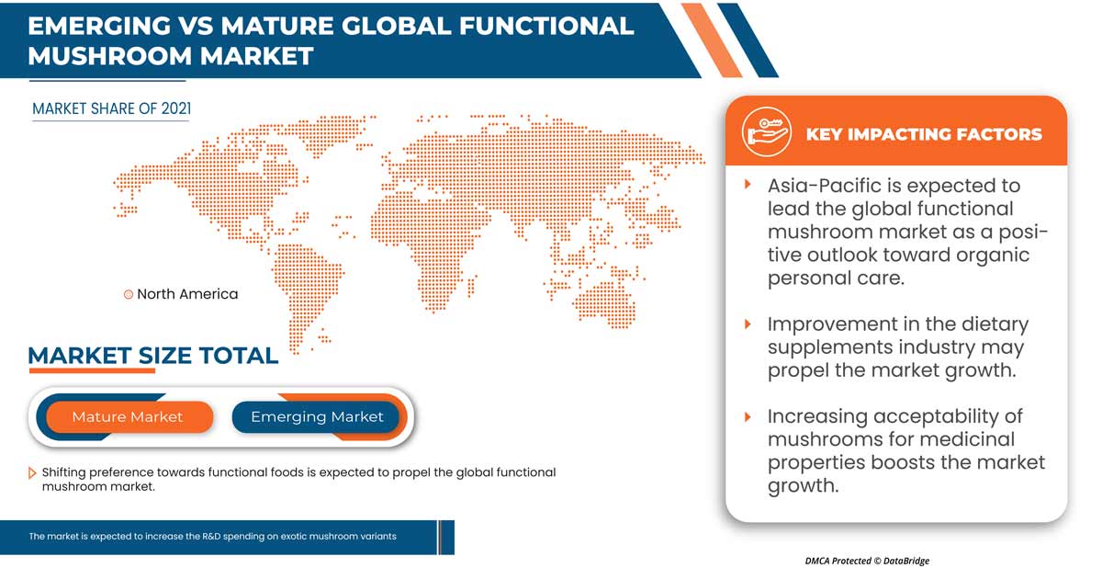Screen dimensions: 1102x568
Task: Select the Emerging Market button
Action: (316, 417)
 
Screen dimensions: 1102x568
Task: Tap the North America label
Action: (187, 294)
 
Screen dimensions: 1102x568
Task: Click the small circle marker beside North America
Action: (129, 294)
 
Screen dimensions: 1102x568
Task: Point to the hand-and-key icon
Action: (767, 132)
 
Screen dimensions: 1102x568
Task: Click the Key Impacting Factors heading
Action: (924, 134)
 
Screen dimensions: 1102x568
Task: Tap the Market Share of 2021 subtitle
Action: (112, 108)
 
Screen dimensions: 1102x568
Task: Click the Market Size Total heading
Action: (153, 356)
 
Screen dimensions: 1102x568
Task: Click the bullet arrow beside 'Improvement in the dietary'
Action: (748, 324)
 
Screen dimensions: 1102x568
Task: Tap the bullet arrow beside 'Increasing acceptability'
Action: (748, 417)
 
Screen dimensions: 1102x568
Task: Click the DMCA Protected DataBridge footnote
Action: (867, 561)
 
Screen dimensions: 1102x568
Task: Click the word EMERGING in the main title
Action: (99, 26)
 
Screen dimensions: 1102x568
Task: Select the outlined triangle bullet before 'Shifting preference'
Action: (32, 473)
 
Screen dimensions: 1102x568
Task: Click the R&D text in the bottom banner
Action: (210, 536)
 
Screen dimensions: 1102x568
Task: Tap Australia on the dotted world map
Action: (605, 302)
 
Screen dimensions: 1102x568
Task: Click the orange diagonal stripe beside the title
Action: (712, 40)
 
